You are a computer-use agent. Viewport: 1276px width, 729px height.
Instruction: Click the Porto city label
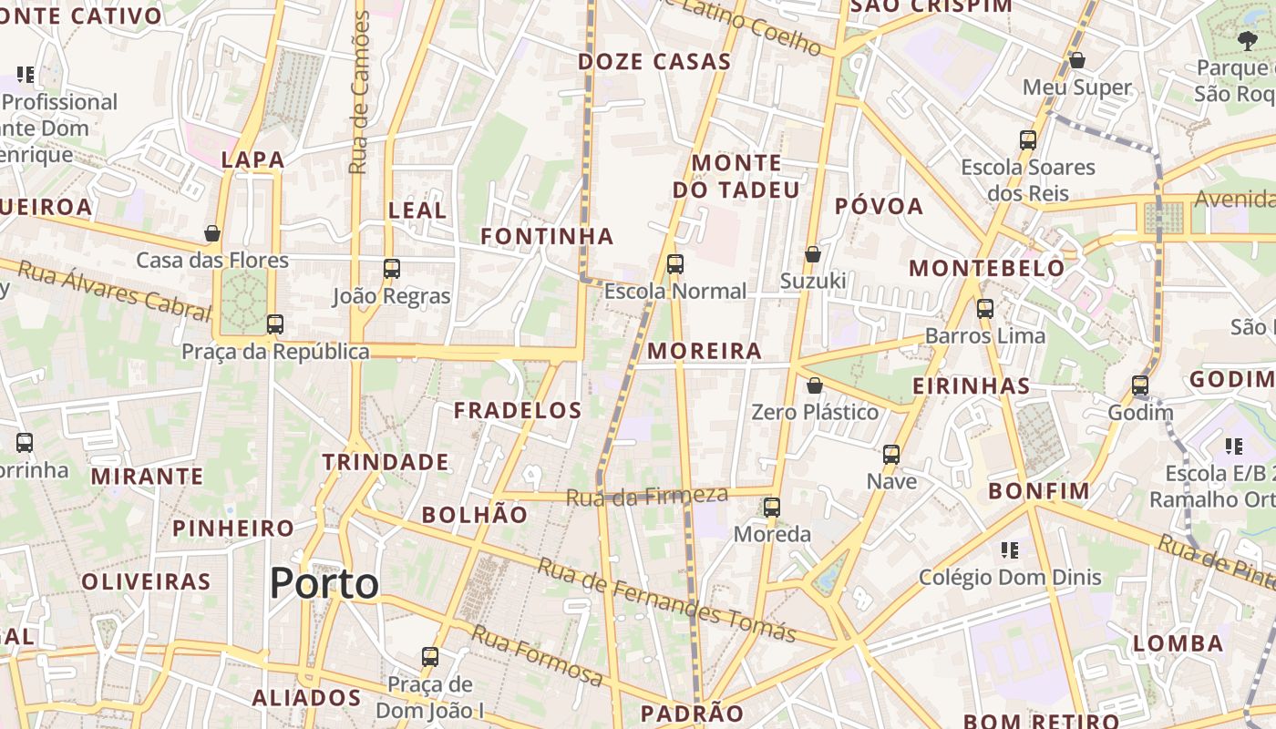click(324, 583)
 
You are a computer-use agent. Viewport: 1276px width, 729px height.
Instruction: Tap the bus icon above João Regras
click(392, 269)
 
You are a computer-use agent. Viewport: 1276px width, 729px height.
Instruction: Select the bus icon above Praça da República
click(274, 324)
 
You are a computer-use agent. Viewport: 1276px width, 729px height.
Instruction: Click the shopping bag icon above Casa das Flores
click(212, 234)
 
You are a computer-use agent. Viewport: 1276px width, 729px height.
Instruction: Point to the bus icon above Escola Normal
click(674, 264)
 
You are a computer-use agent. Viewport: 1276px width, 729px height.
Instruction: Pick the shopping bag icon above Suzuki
click(813, 254)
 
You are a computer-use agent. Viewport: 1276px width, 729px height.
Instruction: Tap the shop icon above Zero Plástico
click(815, 385)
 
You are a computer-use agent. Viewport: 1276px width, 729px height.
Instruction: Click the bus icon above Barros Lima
click(984, 309)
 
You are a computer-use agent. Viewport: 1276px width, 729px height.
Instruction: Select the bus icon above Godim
click(1139, 385)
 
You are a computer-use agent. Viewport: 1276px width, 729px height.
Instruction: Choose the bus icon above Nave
click(891, 454)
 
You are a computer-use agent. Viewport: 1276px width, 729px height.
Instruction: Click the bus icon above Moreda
click(772, 508)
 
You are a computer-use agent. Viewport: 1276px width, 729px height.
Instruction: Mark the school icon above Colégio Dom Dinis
click(1010, 550)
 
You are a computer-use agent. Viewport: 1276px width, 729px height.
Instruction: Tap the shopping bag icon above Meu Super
click(1077, 60)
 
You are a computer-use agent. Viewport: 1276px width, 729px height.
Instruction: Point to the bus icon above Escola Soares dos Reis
click(1028, 140)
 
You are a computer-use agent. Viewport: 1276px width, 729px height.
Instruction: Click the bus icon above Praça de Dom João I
click(430, 656)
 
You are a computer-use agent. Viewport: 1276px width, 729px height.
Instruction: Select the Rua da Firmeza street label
click(647, 496)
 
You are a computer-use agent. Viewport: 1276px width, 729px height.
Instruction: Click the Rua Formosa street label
click(537, 655)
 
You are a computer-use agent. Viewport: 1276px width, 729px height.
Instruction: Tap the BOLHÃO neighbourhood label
click(474, 514)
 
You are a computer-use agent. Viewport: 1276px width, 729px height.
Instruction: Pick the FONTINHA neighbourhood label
click(547, 236)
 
